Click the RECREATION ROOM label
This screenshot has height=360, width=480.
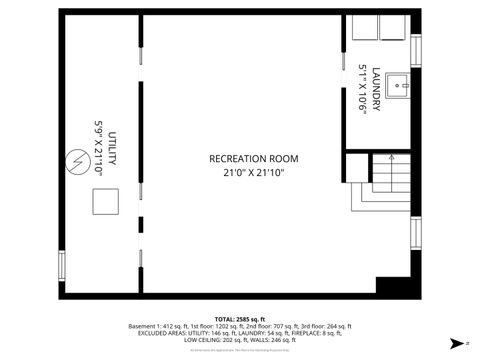tap(253, 158)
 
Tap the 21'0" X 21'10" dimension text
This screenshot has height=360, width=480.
tap(253, 172)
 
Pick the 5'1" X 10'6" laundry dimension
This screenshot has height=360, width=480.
tap(362, 87)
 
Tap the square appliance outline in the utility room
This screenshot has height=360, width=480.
tap(105, 203)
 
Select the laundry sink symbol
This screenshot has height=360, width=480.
tap(399, 84)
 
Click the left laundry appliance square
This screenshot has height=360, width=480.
tap(361, 27)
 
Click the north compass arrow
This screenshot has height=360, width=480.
tap(455, 342)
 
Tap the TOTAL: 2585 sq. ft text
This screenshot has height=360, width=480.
tap(240, 318)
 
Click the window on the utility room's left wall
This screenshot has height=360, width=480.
tap(62, 266)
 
